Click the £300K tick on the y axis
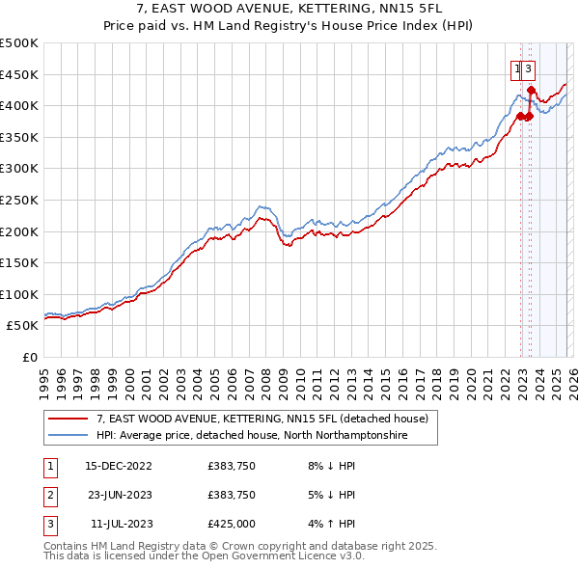tap(19, 169)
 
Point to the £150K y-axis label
tap(19, 262)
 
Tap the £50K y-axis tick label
tap(23, 326)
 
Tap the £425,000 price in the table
tap(232, 524)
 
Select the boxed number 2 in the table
tap(48, 495)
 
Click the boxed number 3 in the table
tap(48, 524)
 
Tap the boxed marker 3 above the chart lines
tap(530, 68)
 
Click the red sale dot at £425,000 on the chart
tap(531, 90)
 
